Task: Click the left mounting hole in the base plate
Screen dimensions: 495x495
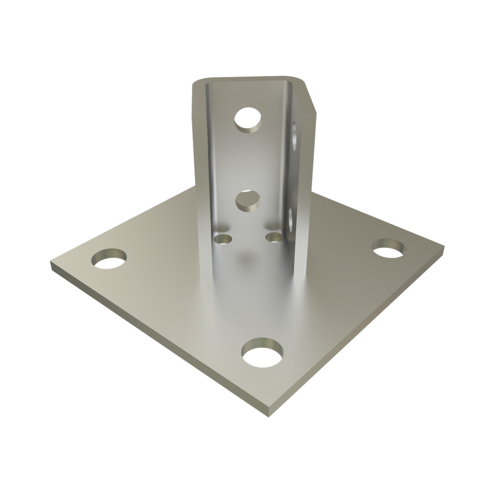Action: pos(110,260)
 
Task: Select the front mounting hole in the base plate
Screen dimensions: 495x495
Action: pos(262,352)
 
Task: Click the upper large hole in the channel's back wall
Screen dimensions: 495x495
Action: pos(247,118)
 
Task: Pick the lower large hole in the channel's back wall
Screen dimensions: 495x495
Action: pos(248,200)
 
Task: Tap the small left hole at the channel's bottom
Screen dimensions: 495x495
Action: pos(223,238)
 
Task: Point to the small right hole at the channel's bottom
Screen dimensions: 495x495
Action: pos(274,237)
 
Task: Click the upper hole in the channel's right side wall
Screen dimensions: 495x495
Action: pos(294,135)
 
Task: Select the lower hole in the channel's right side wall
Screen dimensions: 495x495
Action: pos(291,220)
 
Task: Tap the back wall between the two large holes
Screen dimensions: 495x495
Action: pos(247,160)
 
